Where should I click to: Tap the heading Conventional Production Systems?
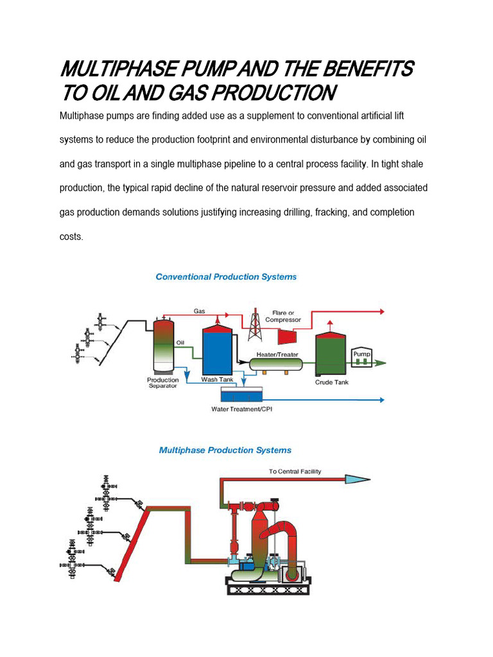coord(226,277)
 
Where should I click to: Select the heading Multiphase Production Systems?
coord(225,450)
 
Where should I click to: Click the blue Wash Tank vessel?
coord(217,353)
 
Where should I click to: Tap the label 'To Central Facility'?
coord(295,472)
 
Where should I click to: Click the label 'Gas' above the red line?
coord(200,311)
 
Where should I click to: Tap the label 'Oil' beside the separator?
coord(180,343)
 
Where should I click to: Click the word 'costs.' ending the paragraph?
coord(71,236)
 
